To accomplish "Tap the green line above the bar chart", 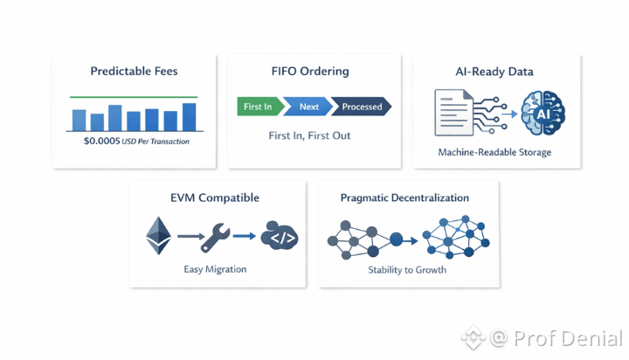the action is click(x=133, y=97).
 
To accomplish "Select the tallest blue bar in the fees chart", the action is click(x=190, y=117).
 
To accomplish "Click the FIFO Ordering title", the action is click(x=311, y=71).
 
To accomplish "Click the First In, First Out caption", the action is click(x=311, y=136).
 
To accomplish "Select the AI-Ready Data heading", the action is click(x=494, y=71).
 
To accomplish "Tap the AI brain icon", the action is click(x=543, y=114).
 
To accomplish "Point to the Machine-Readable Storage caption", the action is click(x=494, y=153).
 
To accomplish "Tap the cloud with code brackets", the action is click(x=279, y=236).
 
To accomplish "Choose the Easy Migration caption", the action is click(x=215, y=269).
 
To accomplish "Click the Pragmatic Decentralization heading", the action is click(x=404, y=198).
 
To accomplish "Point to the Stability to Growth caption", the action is click(x=407, y=269).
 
